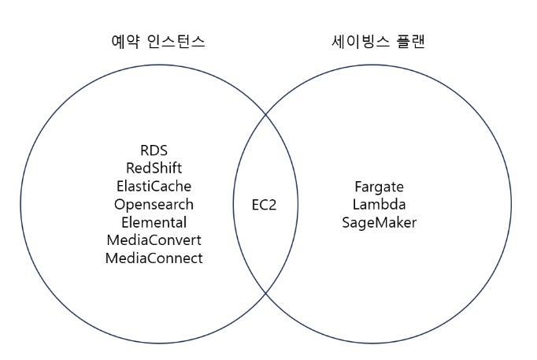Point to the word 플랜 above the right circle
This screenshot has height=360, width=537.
(407, 42)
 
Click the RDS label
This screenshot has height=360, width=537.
(154, 150)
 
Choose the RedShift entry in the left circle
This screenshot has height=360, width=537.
(154, 168)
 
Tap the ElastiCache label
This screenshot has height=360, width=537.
(154, 186)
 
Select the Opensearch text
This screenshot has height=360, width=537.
(154, 204)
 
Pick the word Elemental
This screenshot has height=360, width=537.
(154, 222)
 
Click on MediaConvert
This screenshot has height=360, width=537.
(154, 240)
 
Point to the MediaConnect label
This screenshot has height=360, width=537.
(154, 258)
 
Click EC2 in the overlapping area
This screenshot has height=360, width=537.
(264, 205)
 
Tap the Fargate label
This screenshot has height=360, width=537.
(379, 187)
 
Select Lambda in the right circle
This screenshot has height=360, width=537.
(379, 205)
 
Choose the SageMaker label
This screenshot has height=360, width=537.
(379, 223)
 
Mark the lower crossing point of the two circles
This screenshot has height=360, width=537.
(265, 294)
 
